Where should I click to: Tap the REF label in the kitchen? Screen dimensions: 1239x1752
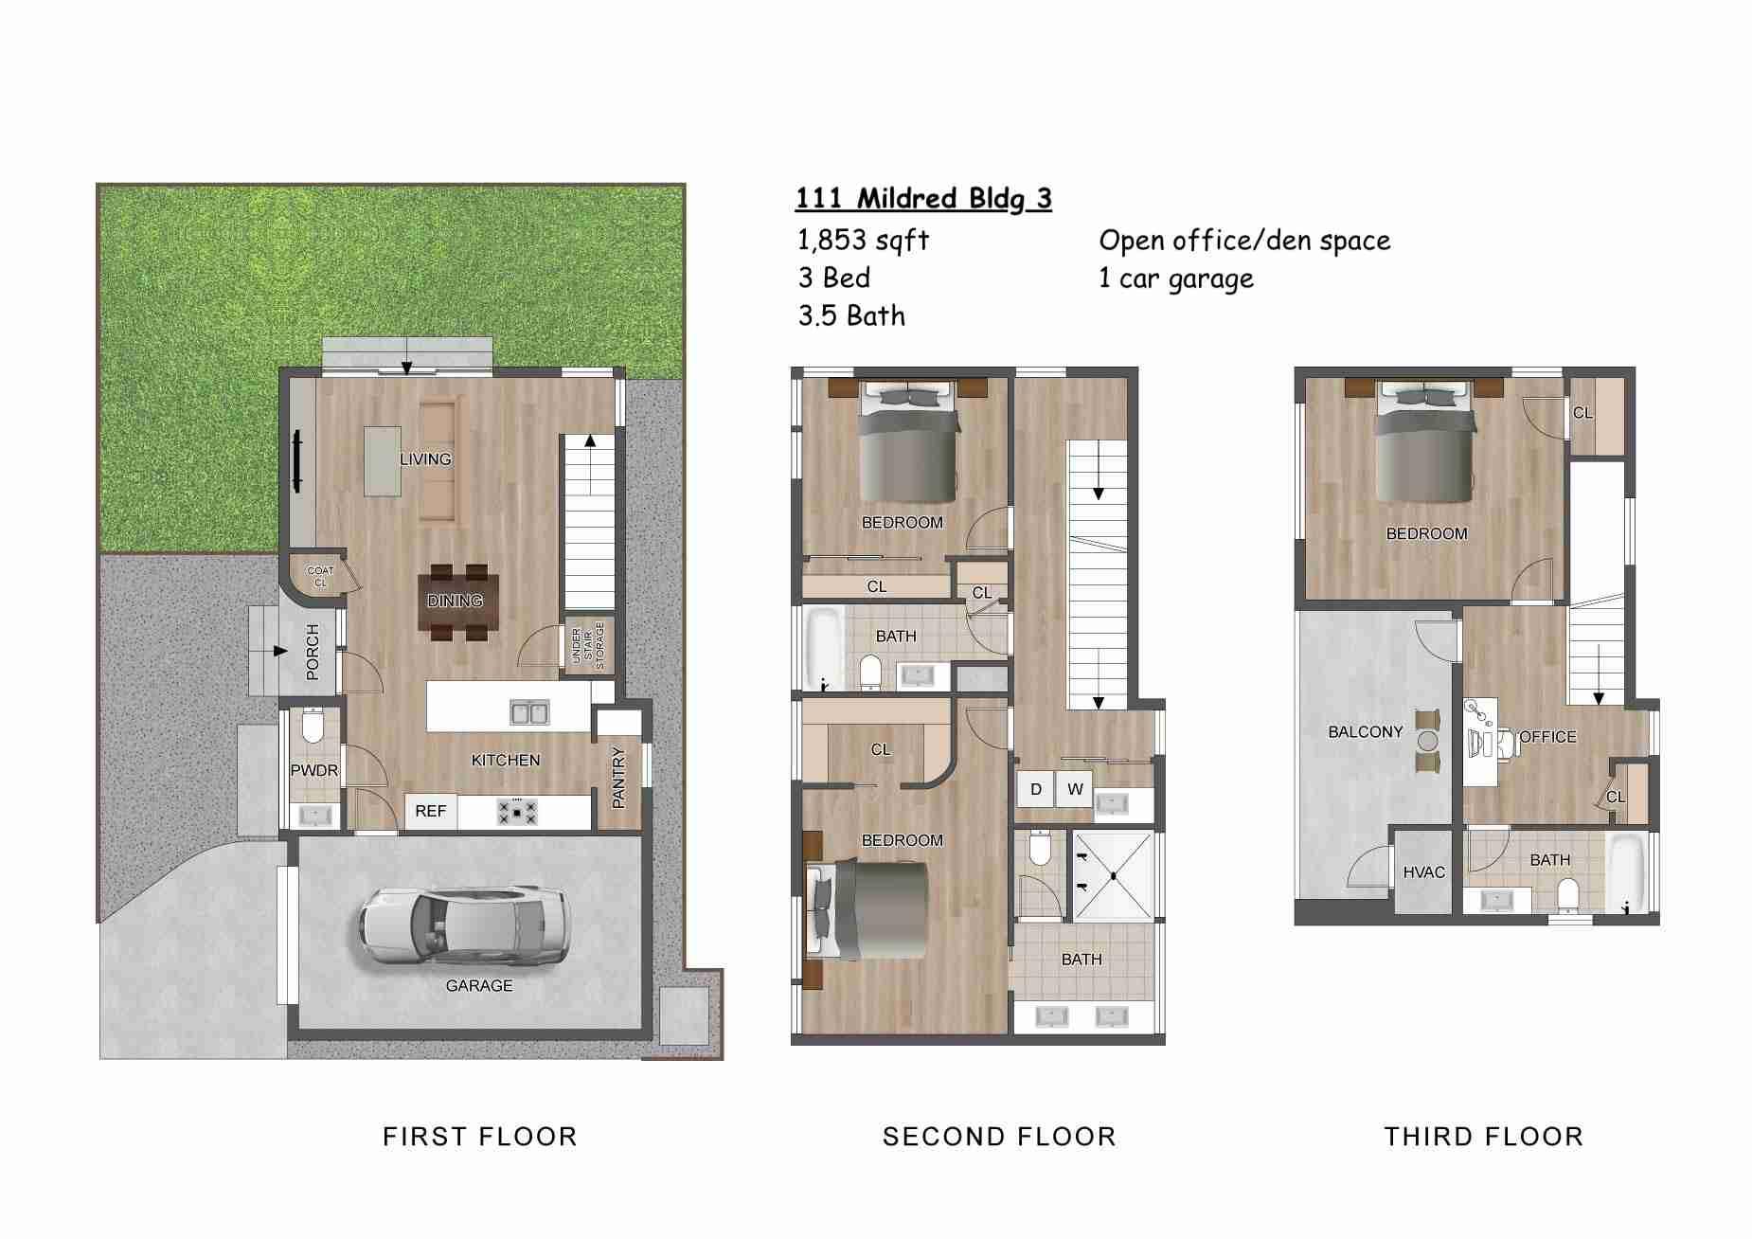[431, 812]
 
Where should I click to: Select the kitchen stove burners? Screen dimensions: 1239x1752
[517, 812]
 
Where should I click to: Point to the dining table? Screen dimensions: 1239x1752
[456, 602]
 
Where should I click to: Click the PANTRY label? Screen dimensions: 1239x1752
[618, 778]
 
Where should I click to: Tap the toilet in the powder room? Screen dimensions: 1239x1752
[313, 727]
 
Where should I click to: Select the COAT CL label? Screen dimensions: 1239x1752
[320, 576]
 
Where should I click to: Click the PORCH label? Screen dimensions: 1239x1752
[313, 652]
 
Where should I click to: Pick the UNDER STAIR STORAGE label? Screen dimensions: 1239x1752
[588, 646]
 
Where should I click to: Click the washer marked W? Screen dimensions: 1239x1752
[1075, 789]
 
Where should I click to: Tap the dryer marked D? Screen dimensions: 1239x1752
[1036, 789]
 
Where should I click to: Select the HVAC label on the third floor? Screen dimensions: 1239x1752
[1423, 872]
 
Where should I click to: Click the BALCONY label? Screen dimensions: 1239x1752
[1365, 732]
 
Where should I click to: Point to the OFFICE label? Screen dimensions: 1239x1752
[1548, 737]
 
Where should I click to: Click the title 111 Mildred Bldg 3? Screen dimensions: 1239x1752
[923, 199]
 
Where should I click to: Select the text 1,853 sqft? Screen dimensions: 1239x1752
[863, 241]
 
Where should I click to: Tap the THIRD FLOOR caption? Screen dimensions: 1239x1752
[1483, 1137]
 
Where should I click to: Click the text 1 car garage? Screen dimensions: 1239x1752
[1176, 279]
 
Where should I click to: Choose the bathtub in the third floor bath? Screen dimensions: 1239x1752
[1627, 872]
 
